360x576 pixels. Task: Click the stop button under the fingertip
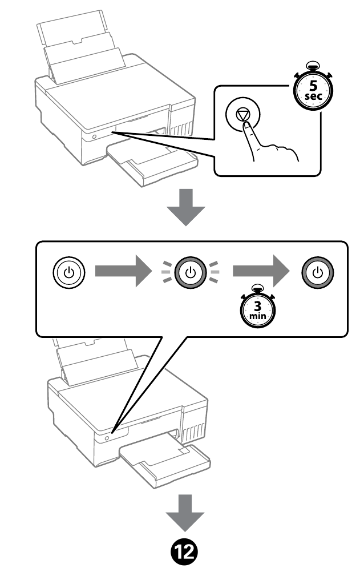[x=244, y=114]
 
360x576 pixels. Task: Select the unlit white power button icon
[x=68, y=272]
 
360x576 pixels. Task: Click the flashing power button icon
[x=191, y=272]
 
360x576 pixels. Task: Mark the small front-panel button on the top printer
[x=92, y=137]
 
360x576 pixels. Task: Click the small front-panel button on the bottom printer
[x=107, y=438]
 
